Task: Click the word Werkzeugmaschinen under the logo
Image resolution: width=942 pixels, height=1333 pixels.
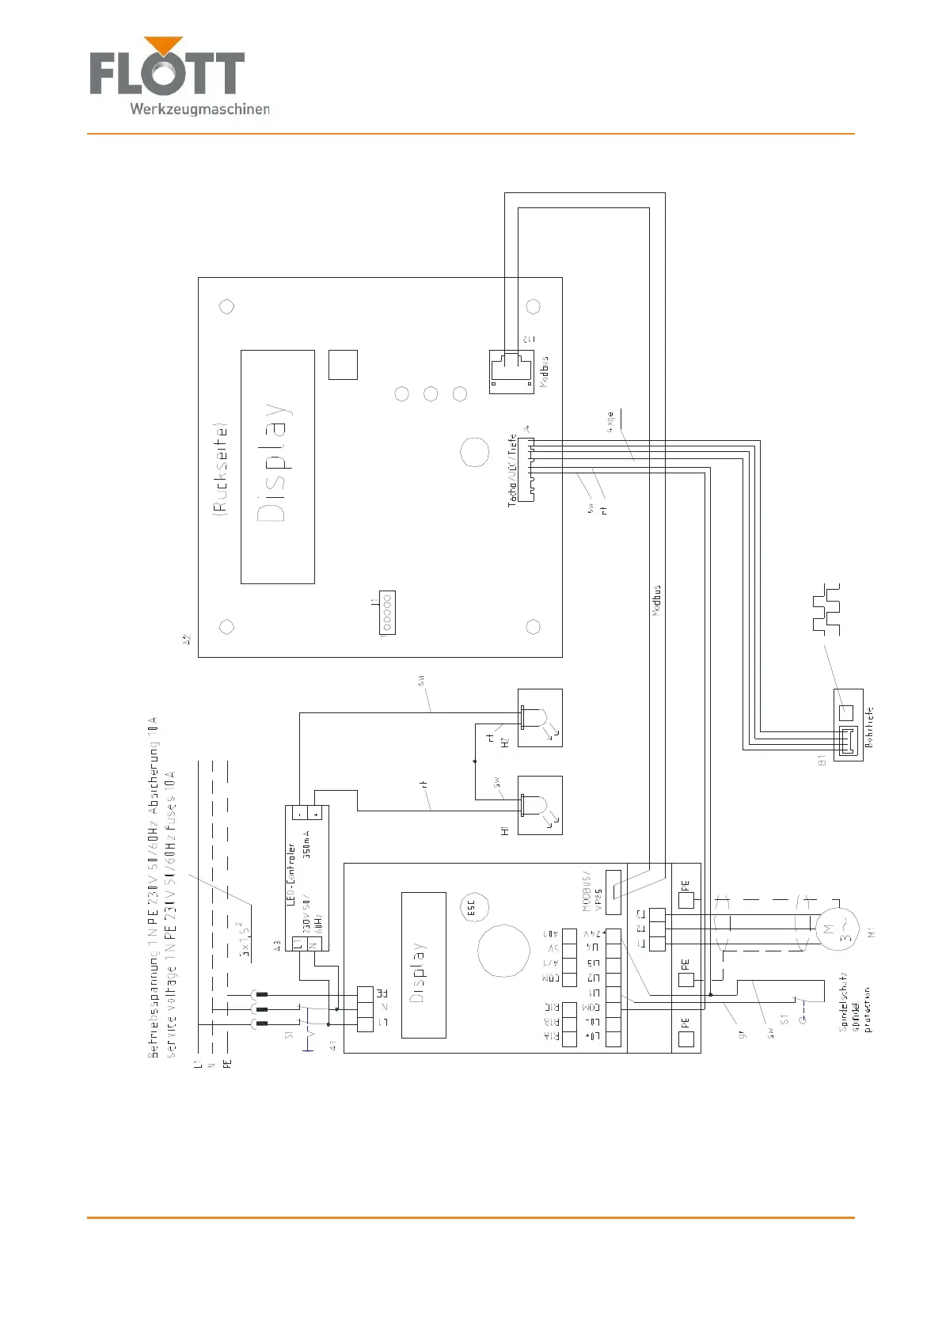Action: point(199,108)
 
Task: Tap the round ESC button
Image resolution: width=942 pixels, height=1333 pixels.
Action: point(473,907)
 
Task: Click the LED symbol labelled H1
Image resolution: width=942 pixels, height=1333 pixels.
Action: point(539,805)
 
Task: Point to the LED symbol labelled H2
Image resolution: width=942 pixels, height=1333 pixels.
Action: point(539,718)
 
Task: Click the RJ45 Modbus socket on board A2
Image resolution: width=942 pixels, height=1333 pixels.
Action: point(511,371)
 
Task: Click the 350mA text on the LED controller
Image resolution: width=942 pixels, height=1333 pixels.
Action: point(306,840)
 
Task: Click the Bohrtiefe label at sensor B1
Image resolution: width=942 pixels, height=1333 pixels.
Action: point(868,727)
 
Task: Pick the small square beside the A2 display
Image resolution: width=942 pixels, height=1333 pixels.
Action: point(343,365)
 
